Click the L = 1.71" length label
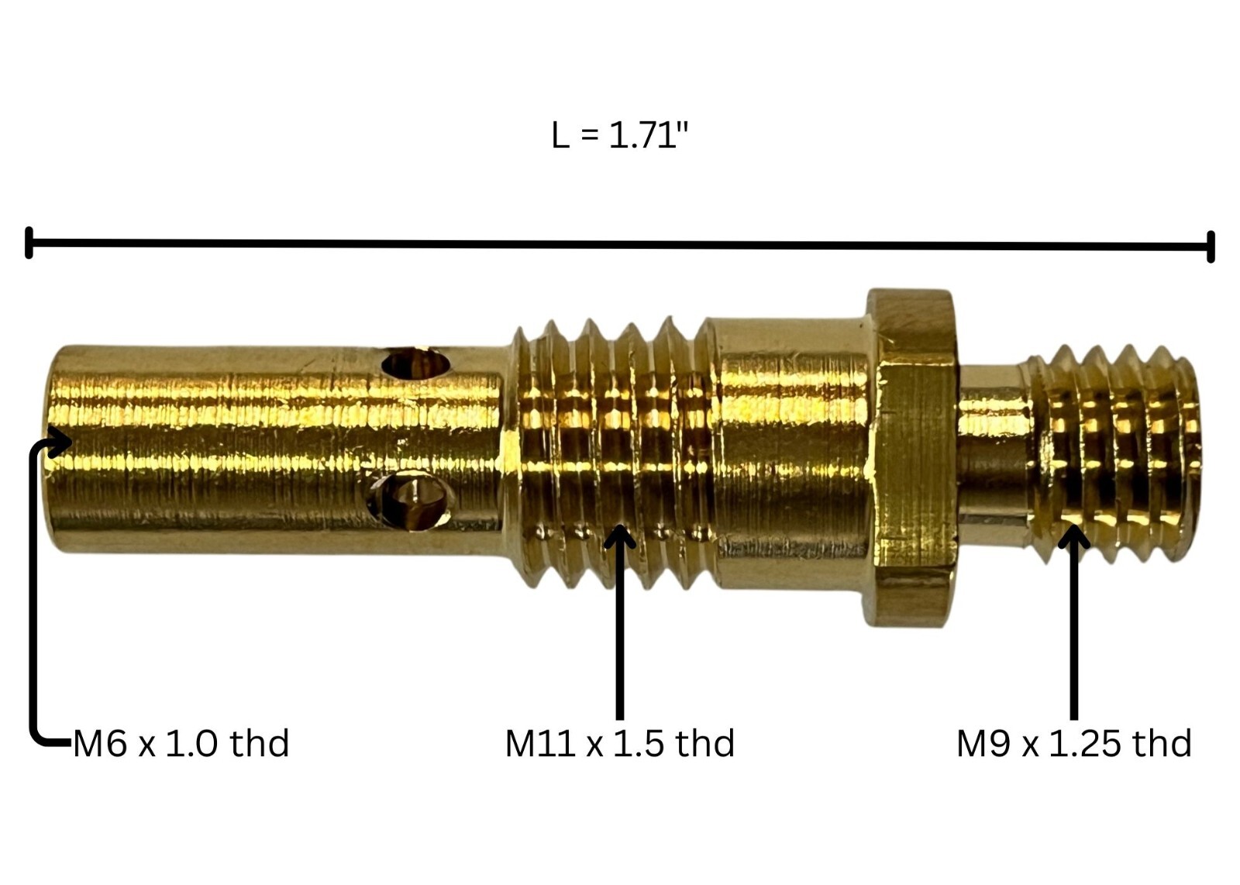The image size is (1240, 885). (620, 135)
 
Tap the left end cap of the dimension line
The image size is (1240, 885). (29, 243)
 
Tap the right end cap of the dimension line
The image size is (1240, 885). (1211, 247)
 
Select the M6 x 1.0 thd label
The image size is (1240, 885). (181, 743)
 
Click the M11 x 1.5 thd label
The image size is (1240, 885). (619, 743)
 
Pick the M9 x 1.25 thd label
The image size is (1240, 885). (1074, 743)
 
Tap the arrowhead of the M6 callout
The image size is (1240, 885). (60, 442)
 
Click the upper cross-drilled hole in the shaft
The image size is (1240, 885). (415, 363)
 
